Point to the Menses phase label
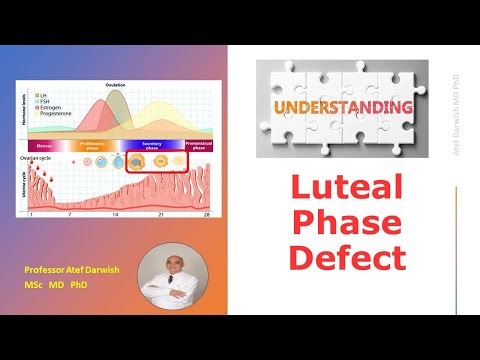point(46,144)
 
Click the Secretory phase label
point(152,145)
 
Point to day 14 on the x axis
point(116,215)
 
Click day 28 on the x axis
point(207,215)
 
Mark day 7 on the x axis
point(69,215)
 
